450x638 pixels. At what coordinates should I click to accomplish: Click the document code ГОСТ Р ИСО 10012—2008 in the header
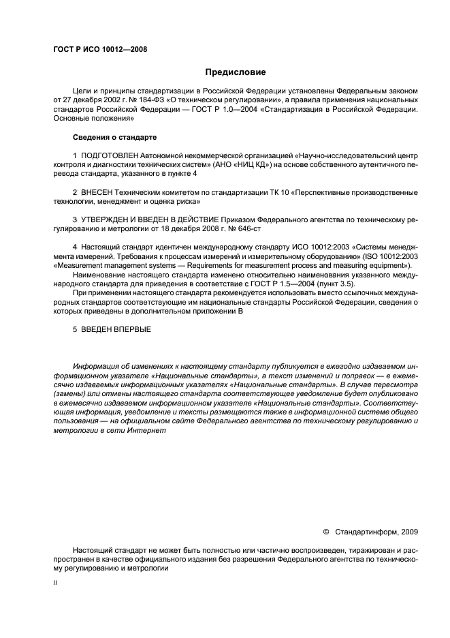tap(100, 49)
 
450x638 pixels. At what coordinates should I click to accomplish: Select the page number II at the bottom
tap(55, 583)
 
